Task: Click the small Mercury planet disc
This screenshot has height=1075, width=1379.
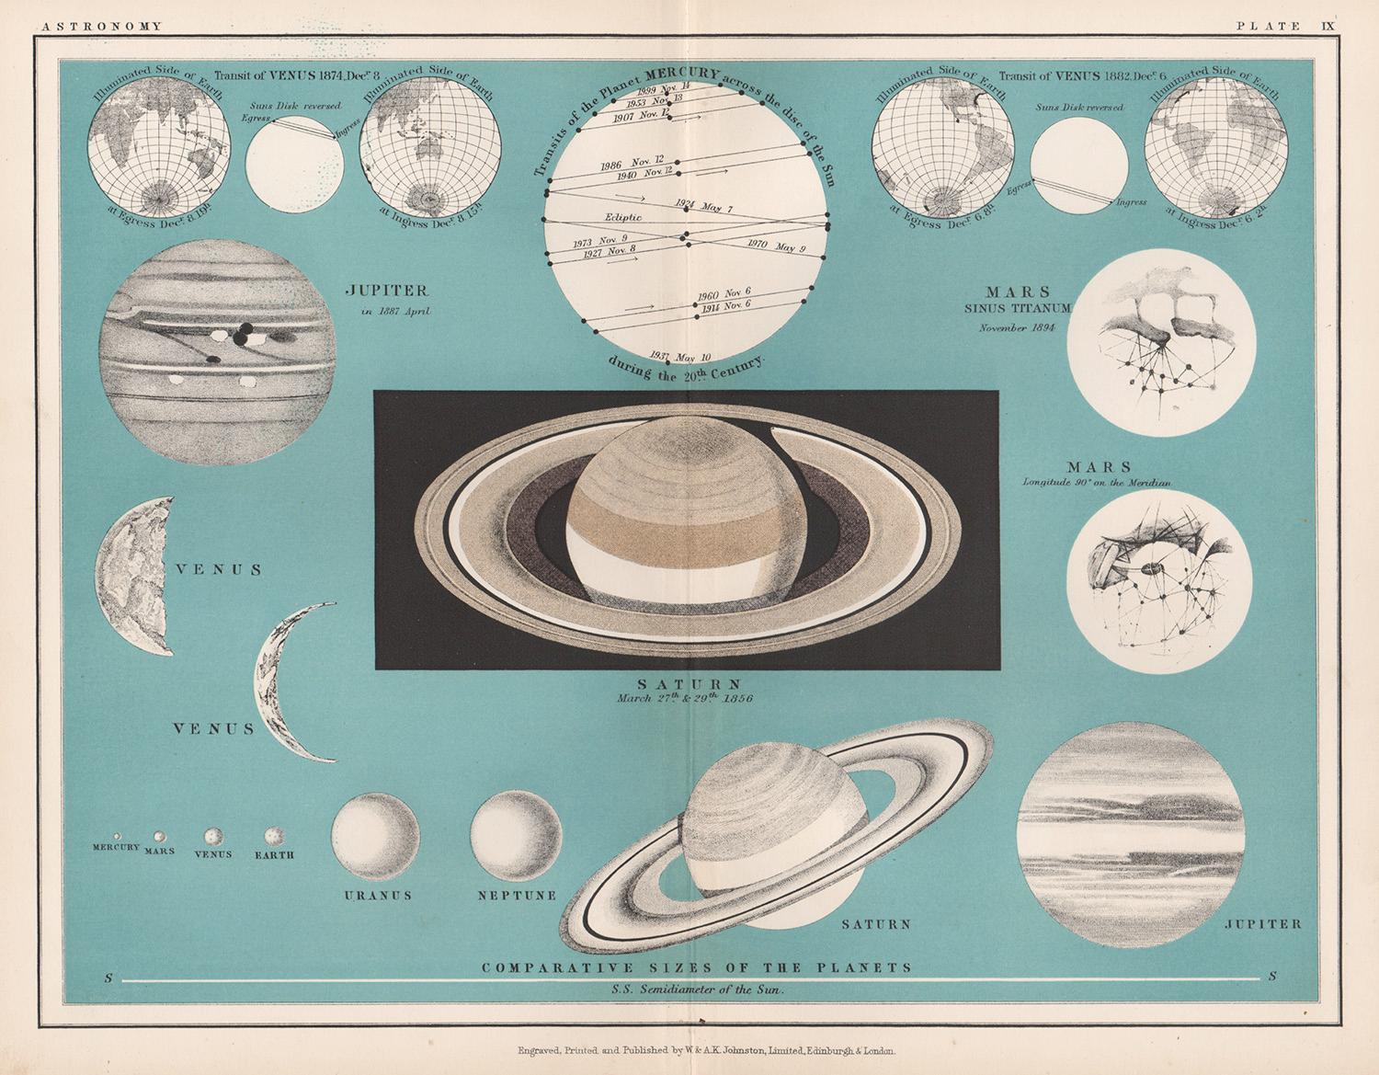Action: [x=117, y=835]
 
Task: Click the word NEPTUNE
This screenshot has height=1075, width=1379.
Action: [x=516, y=895]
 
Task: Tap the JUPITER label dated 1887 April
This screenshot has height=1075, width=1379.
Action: [x=386, y=291]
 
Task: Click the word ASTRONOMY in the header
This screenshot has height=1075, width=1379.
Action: [x=98, y=26]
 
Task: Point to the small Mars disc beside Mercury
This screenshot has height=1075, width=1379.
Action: [x=159, y=836]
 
